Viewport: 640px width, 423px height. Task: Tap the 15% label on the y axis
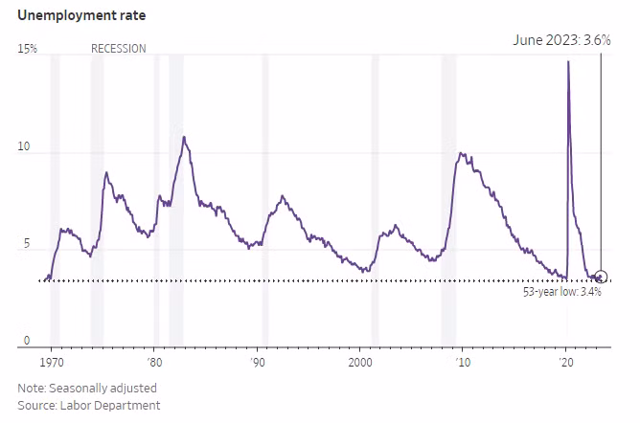[28, 49]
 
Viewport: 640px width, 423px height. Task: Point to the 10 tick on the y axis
[24, 148]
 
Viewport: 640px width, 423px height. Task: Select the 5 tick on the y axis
[26, 244]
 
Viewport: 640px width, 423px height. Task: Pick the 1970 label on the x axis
[52, 364]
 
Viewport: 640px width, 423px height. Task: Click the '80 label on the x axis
[154, 364]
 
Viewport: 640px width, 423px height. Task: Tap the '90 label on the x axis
[257, 364]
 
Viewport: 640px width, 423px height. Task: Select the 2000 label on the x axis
[360, 364]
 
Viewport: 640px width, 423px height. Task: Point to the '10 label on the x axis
[463, 364]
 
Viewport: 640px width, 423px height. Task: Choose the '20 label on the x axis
[566, 364]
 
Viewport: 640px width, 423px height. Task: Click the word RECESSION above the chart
[119, 49]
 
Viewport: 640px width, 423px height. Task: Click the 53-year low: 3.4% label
[562, 292]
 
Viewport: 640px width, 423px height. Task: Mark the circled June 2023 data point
[602, 277]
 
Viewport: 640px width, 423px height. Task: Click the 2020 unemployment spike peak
[568, 62]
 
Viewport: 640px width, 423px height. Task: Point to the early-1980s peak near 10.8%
[184, 137]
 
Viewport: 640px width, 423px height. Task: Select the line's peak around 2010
[462, 153]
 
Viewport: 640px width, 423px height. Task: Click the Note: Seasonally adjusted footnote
[86, 389]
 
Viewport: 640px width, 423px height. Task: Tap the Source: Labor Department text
[88, 406]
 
